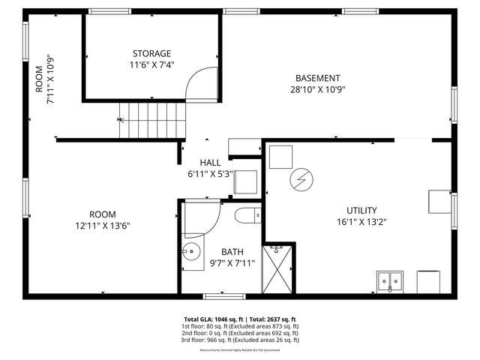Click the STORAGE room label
point(151,53)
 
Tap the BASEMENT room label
point(317,78)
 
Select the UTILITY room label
point(361,211)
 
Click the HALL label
point(210,163)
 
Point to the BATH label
point(232,252)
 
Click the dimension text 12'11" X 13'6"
point(103,226)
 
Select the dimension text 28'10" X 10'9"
point(317,89)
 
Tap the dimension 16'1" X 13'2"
point(361,222)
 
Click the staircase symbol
point(154,120)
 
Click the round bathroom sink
point(191,253)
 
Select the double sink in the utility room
point(389,282)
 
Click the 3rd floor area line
point(240,340)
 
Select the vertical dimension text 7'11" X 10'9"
point(46,79)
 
